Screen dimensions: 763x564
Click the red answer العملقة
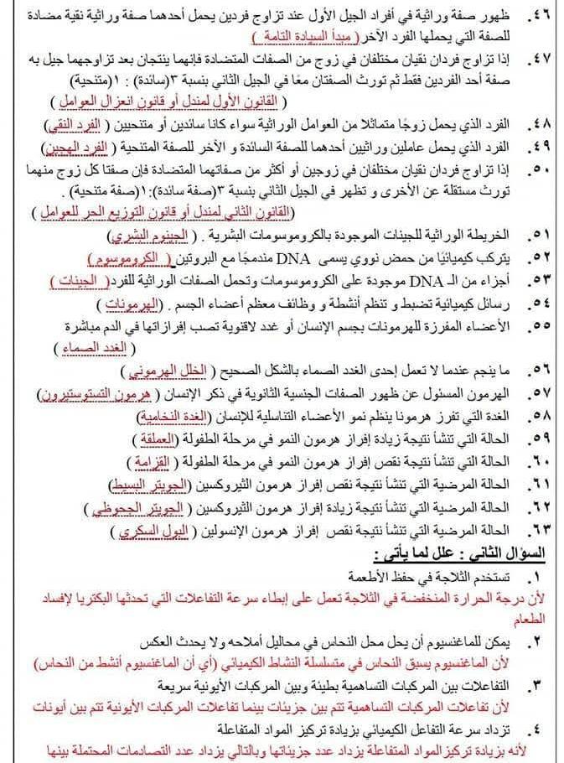[173, 438]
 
